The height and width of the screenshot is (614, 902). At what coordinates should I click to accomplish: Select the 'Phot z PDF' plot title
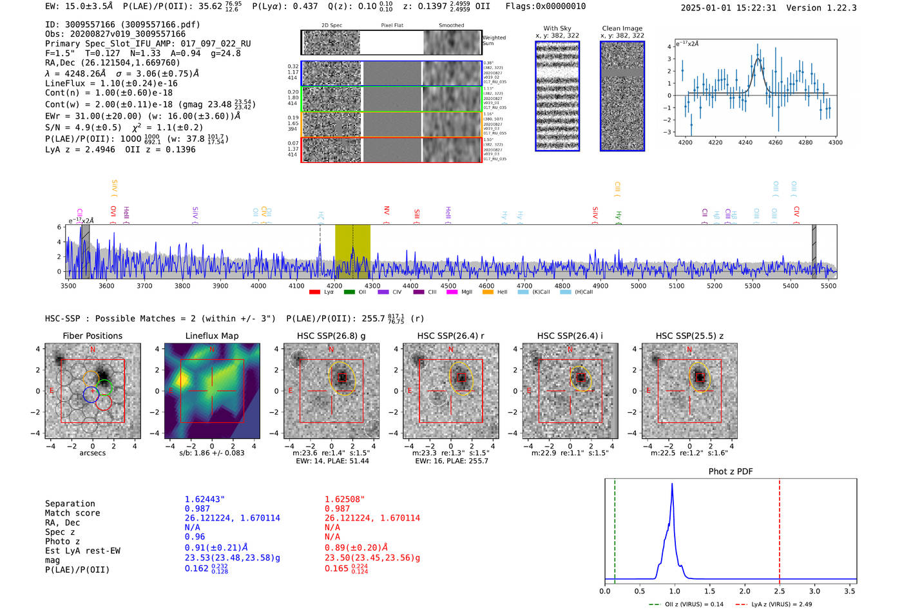click(x=730, y=472)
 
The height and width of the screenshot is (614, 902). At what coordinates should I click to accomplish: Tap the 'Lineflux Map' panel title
click(x=211, y=336)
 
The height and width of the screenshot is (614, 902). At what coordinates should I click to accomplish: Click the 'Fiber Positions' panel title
click(x=92, y=336)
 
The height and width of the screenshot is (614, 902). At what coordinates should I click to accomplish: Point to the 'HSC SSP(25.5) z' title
click(x=689, y=336)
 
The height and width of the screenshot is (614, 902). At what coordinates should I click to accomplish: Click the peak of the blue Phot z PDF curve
click(x=672, y=484)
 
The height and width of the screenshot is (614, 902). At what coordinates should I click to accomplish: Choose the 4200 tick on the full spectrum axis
click(x=334, y=285)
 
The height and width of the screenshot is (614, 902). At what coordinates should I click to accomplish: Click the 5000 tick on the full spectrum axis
click(x=638, y=285)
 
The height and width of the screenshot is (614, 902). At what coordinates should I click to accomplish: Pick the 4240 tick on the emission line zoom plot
click(x=745, y=142)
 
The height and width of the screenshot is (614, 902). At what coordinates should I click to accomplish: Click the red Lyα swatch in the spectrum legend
click(x=314, y=293)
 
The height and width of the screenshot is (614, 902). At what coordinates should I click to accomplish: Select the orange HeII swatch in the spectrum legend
click(x=488, y=293)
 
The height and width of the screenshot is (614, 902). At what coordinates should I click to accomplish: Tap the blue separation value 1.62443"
click(x=204, y=499)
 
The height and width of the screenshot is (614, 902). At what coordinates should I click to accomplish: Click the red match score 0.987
click(x=337, y=509)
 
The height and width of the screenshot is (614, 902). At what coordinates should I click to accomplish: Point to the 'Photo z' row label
click(x=62, y=541)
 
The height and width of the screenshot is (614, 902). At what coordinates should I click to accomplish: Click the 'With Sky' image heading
click(x=557, y=28)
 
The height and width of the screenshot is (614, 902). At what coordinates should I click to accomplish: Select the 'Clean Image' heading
click(x=622, y=28)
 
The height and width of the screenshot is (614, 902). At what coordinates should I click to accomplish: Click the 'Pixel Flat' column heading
click(x=392, y=26)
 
